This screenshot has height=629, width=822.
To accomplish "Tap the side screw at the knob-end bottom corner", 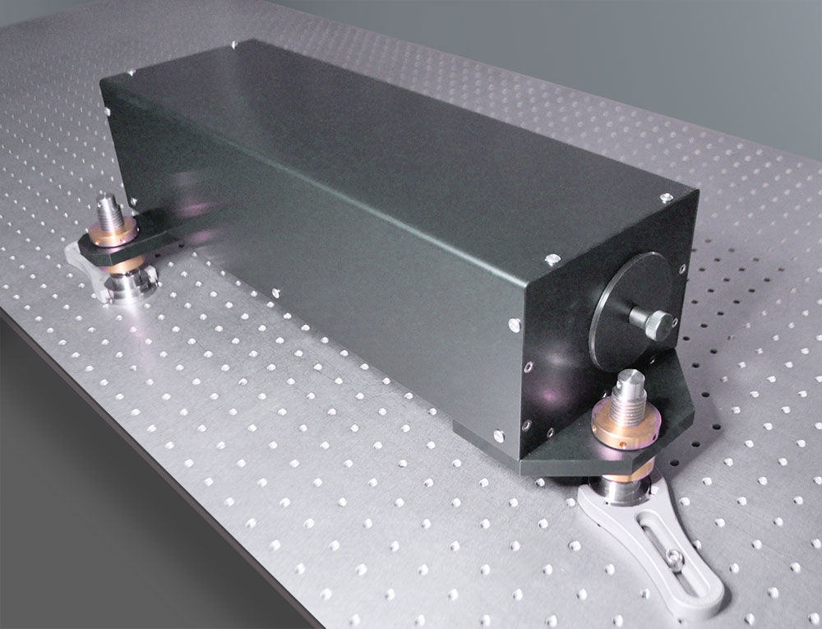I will [497, 432].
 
